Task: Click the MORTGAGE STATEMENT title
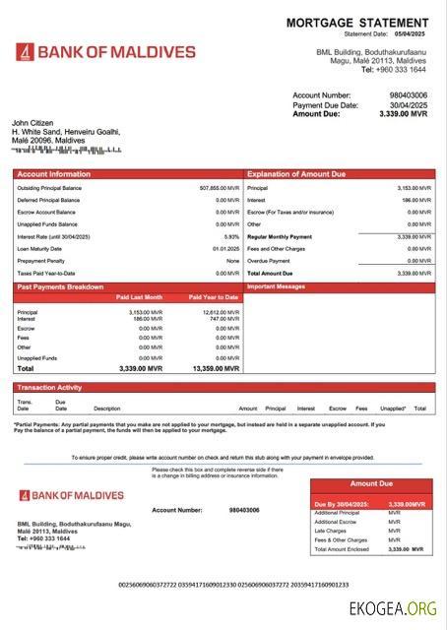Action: pyautogui.click(x=357, y=23)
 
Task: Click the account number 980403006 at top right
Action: pyautogui.click(x=409, y=95)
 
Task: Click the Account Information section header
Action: pyautogui.click(x=49, y=174)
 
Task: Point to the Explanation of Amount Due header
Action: pyautogui.click(x=296, y=174)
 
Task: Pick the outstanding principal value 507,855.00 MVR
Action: pyautogui.click(x=220, y=187)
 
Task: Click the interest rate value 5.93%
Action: pyautogui.click(x=231, y=236)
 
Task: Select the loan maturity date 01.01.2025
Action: pyautogui.click(x=226, y=249)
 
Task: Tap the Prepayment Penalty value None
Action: pyautogui.click(x=232, y=261)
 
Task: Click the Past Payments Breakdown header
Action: pyautogui.click(x=61, y=286)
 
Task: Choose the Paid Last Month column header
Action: pyautogui.click(x=139, y=296)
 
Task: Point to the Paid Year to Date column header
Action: pyautogui.click(x=214, y=296)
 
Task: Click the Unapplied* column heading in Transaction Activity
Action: pyautogui.click(x=393, y=408)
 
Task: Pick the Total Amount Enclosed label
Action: pyautogui.click(x=341, y=548)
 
